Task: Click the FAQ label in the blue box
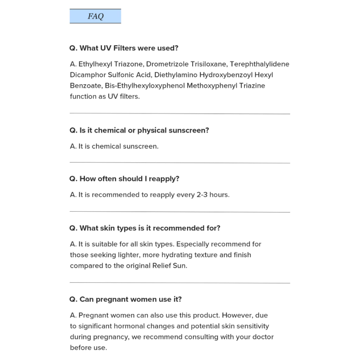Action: click(x=95, y=17)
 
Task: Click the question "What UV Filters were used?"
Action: click(x=124, y=48)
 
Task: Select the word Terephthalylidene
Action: click(x=259, y=64)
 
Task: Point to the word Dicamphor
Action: click(x=88, y=75)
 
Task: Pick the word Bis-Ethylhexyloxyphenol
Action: click(x=145, y=86)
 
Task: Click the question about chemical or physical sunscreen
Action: click(x=139, y=130)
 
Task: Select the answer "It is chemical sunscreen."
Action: click(x=114, y=147)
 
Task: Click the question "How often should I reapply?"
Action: click(x=124, y=179)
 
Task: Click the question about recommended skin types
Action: click(x=145, y=228)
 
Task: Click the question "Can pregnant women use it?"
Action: click(x=126, y=300)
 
